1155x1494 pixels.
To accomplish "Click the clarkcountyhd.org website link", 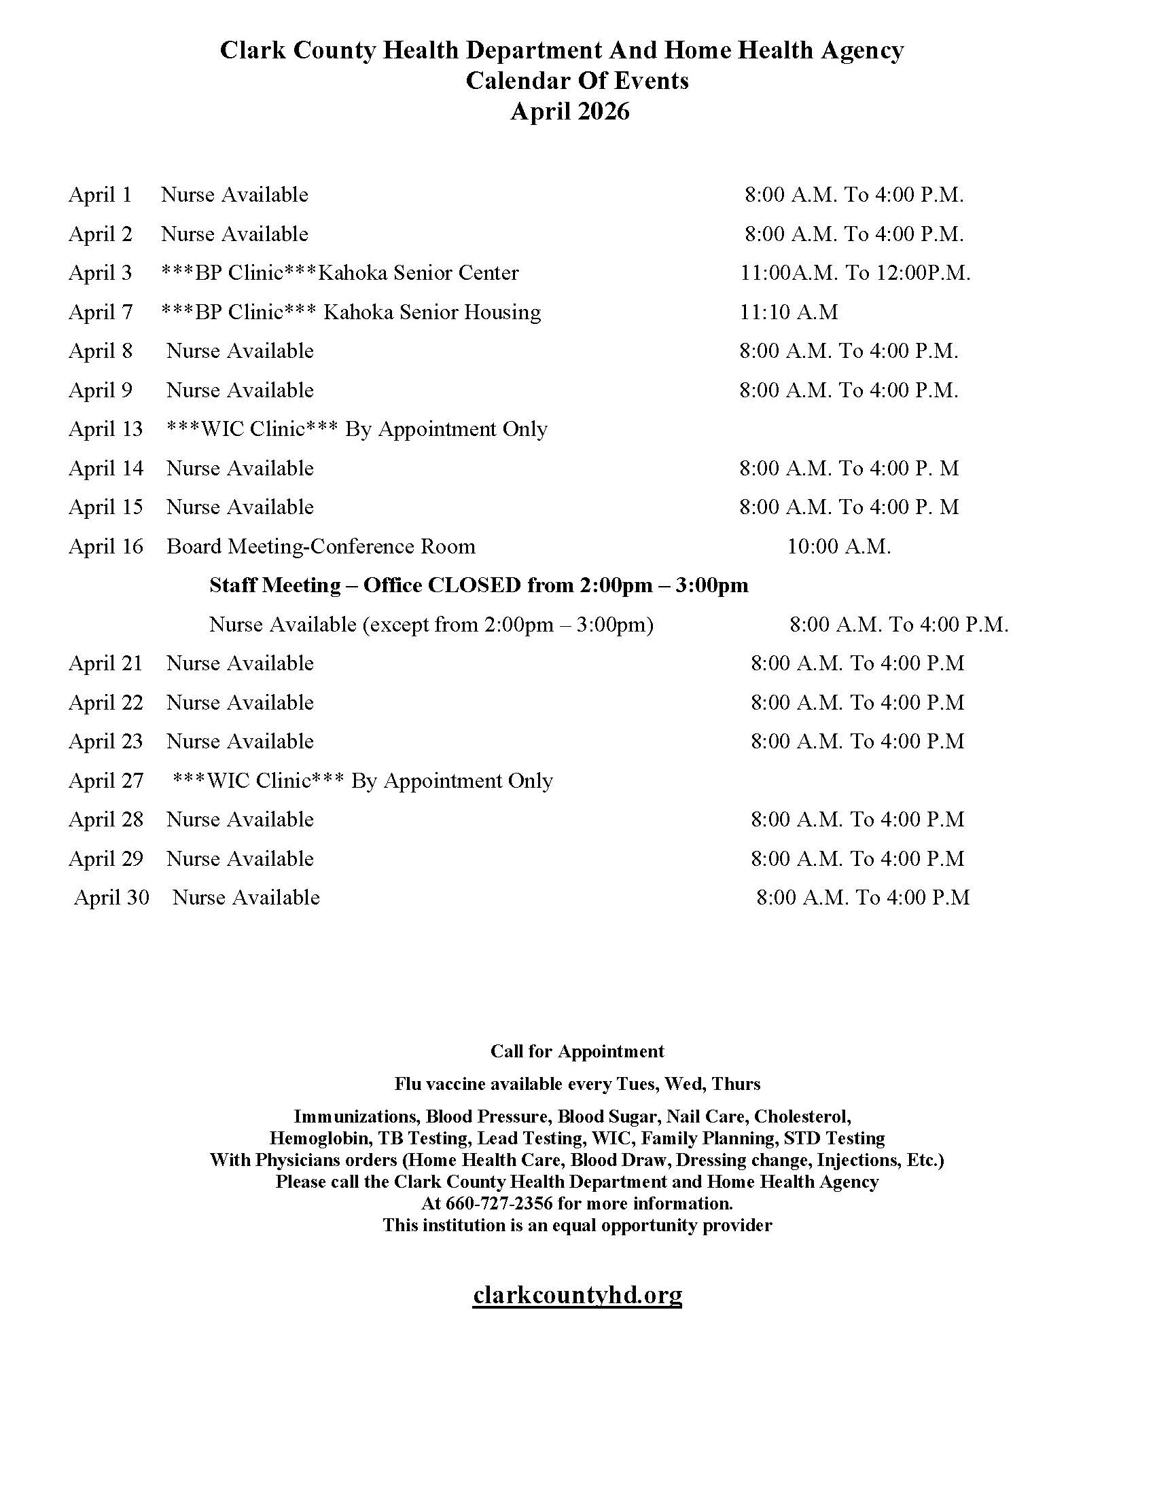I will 577,1294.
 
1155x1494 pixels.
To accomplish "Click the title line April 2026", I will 569,111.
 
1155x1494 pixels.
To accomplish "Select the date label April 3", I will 100,273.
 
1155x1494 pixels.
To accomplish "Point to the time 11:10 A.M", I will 788,312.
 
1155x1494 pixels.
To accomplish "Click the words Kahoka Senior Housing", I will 431,312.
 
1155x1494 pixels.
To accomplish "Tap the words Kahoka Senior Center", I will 419,273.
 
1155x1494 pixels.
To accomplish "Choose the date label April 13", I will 105,429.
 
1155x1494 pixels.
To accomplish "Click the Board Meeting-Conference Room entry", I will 320,547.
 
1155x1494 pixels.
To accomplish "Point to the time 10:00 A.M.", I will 838,547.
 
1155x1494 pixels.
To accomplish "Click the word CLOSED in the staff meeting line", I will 474,585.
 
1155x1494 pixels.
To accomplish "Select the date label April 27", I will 105,780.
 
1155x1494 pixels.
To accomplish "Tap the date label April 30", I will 111,898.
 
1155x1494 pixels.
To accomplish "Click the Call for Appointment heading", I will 577,1051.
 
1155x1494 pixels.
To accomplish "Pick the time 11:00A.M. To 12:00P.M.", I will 855,273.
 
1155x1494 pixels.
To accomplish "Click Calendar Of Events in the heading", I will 577,81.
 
